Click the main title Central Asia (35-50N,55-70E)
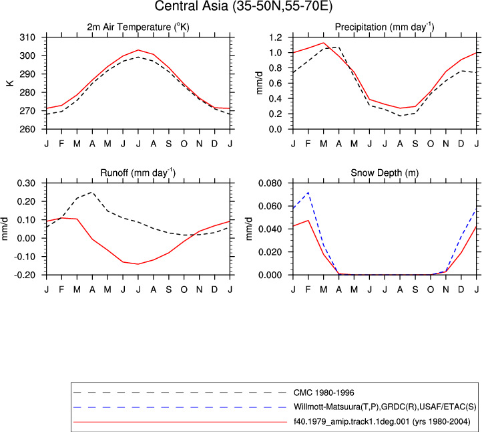coord(243,6)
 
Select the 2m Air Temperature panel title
coord(138,27)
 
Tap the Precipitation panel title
coord(385,27)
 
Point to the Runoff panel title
coord(138,173)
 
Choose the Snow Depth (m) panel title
coord(385,173)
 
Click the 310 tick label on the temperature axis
coord(27,37)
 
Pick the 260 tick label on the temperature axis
coord(27,129)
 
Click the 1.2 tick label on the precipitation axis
coord(276,37)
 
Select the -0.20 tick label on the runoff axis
coord(25,275)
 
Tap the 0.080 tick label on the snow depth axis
coord(270,183)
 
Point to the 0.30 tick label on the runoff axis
coord(26,183)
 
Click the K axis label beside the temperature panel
coord(10,83)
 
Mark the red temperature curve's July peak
coord(138,50)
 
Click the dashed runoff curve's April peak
coord(91,192)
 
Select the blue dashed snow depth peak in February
coord(308,193)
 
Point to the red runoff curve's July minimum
coord(138,264)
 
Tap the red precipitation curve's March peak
coord(323,43)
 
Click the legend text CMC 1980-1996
coord(324,393)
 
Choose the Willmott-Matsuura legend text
coord(385,407)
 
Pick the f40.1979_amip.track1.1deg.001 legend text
coord(382,421)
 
